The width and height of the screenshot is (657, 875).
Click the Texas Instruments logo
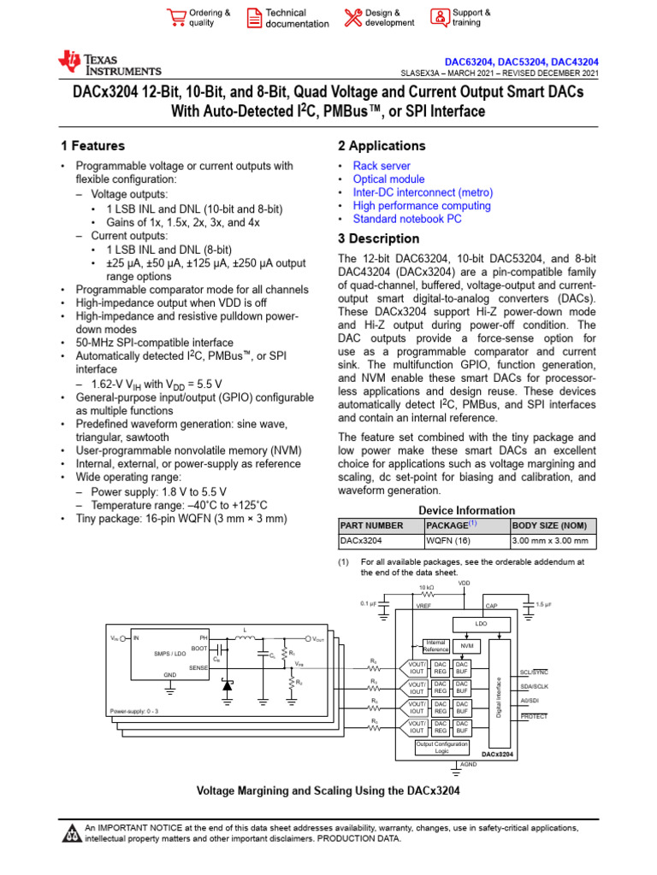pyautogui.click(x=109, y=62)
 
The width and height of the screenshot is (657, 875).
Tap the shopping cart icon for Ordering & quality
pyautogui.click(x=176, y=17)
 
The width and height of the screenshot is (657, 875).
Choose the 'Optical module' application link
pyautogui.click(x=388, y=179)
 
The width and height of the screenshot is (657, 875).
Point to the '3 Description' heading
pyautogui.click(x=379, y=239)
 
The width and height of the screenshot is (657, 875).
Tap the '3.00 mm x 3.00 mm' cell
pyautogui.click(x=550, y=541)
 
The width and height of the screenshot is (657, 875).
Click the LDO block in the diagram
pyautogui.click(x=481, y=624)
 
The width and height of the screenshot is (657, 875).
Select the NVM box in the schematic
pyautogui.click(x=466, y=646)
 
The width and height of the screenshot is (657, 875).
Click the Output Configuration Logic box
pyautogui.click(x=441, y=748)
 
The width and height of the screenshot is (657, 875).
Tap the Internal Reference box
pyautogui.click(x=435, y=647)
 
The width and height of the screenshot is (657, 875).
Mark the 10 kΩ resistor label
pyautogui.click(x=425, y=589)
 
